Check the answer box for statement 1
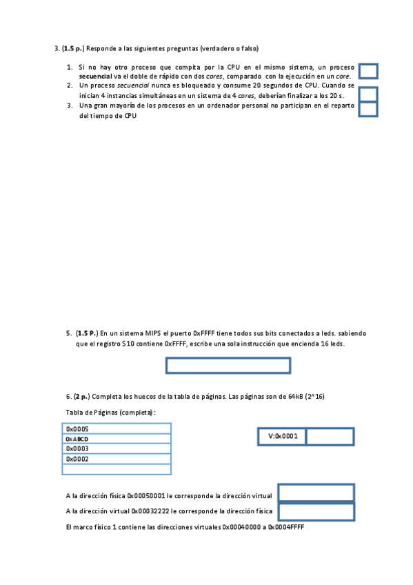[369, 71]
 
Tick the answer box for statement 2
[369, 94]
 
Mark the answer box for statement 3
[369, 109]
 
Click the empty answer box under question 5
[228, 366]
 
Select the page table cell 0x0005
[117, 428]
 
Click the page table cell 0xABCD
[117, 439]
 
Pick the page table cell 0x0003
[117, 448]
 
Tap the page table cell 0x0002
[117, 459]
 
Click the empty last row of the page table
[117, 469]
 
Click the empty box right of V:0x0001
[330, 436]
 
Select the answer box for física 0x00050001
[316, 493]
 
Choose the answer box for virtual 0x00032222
[316, 511]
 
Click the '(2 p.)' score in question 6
[81, 397]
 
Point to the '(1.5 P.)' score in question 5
[88, 333]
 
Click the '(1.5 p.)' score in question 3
[72, 49]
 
